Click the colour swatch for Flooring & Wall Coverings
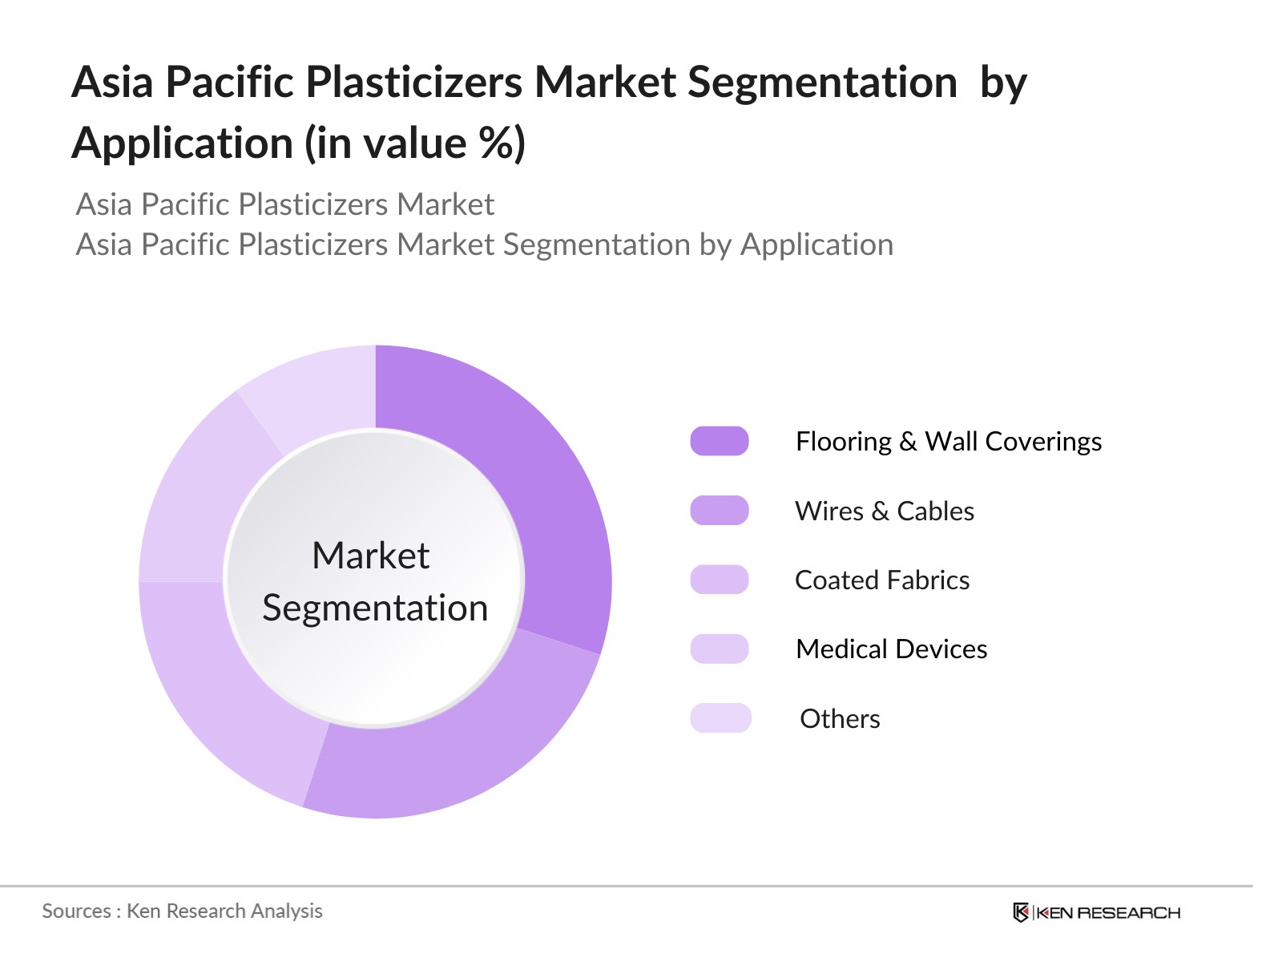coord(720,441)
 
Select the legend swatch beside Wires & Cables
coord(720,511)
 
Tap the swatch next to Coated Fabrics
coord(720,580)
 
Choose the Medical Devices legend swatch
coord(720,649)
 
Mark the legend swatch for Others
coord(720,717)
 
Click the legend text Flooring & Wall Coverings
coord(949,442)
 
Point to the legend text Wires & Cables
coord(885,511)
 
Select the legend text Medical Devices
coord(891,649)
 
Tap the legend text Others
coord(840,718)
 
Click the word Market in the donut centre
coord(371,555)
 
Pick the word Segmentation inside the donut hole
coord(375,608)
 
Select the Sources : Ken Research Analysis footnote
coord(182,911)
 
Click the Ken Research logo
coord(1096,912)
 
